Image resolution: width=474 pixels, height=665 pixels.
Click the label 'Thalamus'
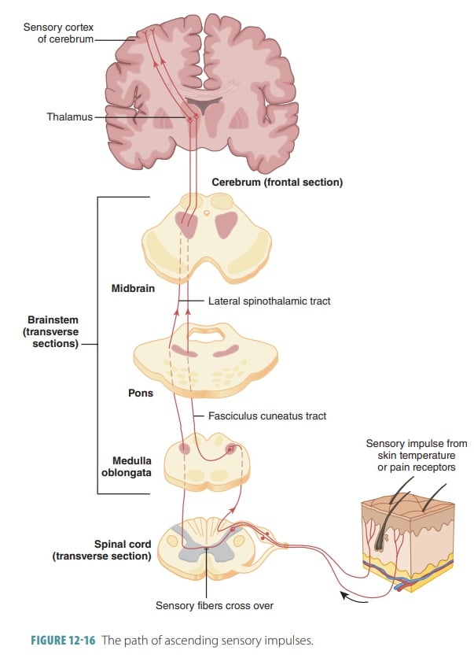pyautogui.click(x=68, y=117)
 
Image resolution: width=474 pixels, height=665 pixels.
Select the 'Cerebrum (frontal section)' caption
pyautogui.click(x=277, y=183)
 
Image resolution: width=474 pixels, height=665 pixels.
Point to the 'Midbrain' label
pyautogui.click(x=132, y=288)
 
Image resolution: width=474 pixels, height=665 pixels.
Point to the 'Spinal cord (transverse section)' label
pyautogui.click(x=102, y=549)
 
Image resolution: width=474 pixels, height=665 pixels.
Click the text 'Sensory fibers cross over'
pyautogui.click(x=214, y=605)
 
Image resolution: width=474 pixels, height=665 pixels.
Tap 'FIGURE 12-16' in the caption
pyautogui.click(x=63, y=641)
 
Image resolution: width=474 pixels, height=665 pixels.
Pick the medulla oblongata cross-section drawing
pyautogui.click(x=206, y=464)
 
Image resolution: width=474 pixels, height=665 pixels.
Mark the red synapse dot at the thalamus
pyautogui.click(x=189, y=119)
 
